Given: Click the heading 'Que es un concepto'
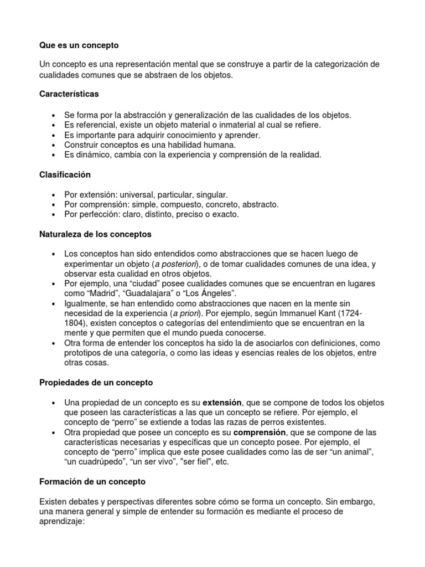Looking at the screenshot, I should click(x=79, y=44).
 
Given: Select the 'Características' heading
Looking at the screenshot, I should click(x=69, y=94).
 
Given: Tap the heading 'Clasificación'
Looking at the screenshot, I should click(x=65, y=174).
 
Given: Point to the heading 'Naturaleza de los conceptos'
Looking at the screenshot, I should click(x=95, y=235).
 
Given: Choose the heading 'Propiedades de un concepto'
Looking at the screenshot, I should click(x=96, y=382).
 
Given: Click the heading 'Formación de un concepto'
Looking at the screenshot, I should click(x=92, y=482).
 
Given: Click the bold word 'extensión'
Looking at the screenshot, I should click(x=222, y=402).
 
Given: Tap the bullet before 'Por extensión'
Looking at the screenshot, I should click(x=53, y=195).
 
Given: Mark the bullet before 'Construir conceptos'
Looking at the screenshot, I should click(x=53, y=145).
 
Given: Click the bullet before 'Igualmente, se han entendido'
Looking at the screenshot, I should click(x=53, y=305).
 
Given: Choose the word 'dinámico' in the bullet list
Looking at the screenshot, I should click(x=89, y=155).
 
